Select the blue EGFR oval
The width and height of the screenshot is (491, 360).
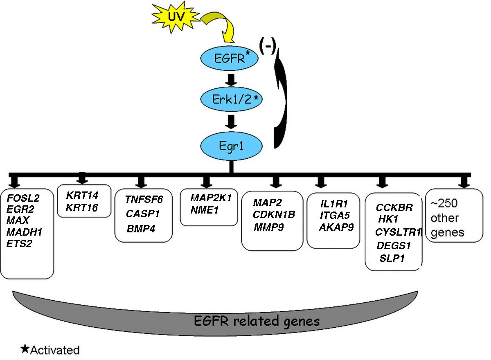(230, 59)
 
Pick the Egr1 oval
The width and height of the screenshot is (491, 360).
(231, 145)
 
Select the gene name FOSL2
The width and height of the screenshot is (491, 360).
(23, 198)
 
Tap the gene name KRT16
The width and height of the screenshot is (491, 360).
(82, 208)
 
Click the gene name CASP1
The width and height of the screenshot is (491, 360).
(143, 214)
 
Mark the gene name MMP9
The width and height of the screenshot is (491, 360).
(268, 226)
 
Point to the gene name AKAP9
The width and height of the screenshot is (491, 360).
(336, 227)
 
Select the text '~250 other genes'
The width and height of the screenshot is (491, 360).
(449, 218)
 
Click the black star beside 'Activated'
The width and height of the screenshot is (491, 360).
(25, 349)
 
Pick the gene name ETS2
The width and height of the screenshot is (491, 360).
(20, 244)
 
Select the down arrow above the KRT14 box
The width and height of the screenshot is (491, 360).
(82, 178)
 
